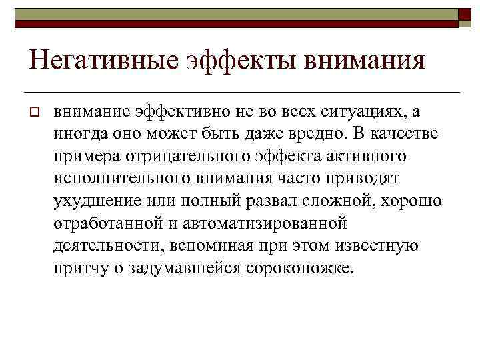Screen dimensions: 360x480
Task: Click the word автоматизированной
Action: [271, 223]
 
